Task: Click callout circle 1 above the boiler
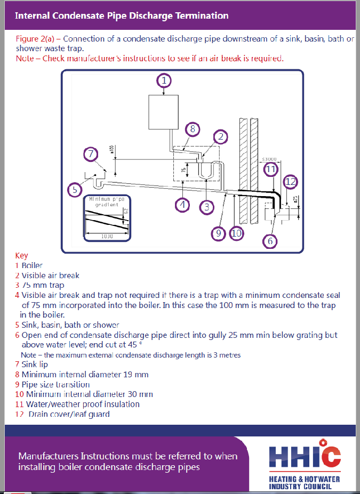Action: [x=165, y=80]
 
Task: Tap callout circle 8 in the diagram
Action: [x=193, y=128]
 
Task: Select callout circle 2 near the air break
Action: [x=220, y=136]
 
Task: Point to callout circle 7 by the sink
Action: [x=92, y=155]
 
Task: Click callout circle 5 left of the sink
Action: [x=75, y=189]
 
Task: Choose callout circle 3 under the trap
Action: [x=206, y=206]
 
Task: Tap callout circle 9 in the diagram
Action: [x=219, y=232]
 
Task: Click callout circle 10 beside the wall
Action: [x=236, y=232]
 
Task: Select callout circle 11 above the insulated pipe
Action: [x=271, y=169]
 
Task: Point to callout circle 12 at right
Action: [x=290, y=182]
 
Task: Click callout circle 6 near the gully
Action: [x=270, y=241]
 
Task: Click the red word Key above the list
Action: [x=22, y=255]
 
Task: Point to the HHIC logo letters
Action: [x=305, y=456]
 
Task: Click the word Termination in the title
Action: [x=200, y=15]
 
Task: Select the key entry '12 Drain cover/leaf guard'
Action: [x=63, y=414]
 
